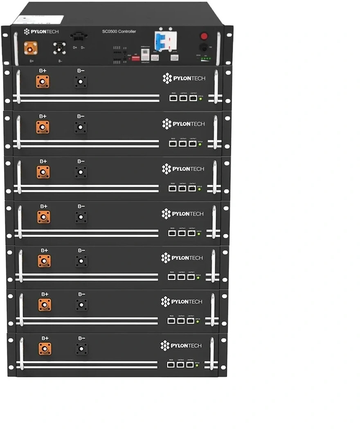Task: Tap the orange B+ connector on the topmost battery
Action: (x=43, y=82)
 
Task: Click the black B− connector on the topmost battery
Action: (x=81, y=82)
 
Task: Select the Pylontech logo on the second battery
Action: (x=183, y=124)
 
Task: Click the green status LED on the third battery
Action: (x=200, y=189)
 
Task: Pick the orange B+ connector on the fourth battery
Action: (x=44, y=217)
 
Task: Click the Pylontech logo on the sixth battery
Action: (x=182, y=302)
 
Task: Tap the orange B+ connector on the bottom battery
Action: (x=45, y=349)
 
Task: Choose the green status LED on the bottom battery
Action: (x=197, y=364)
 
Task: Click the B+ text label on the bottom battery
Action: (x=45, y=338)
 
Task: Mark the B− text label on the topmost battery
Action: (x=81, y=71)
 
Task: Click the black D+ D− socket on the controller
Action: (x=78, y=36)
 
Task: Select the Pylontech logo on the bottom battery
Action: (x=181, y=346)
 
